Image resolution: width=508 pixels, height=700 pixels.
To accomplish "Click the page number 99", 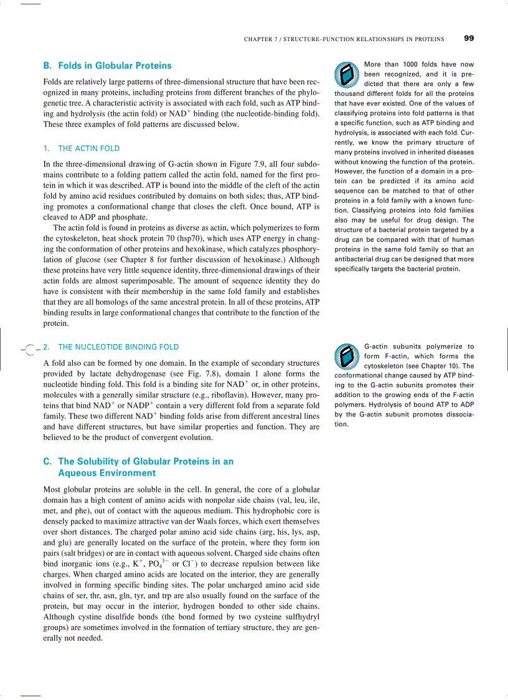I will pyautogui.click(x=469, y=38).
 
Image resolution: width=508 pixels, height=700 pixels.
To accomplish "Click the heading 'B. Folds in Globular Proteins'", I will pyautogui.click(x=107, y=65).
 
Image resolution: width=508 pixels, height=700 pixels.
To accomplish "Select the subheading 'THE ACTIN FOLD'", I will pyautogui.click(x=88, y=148).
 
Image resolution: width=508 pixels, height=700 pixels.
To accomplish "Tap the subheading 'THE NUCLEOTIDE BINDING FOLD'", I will pyautogui.click(x=118, y=347).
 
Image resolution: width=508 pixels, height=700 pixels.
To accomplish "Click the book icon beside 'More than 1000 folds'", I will pyautogui.click(x=344, y=75).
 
